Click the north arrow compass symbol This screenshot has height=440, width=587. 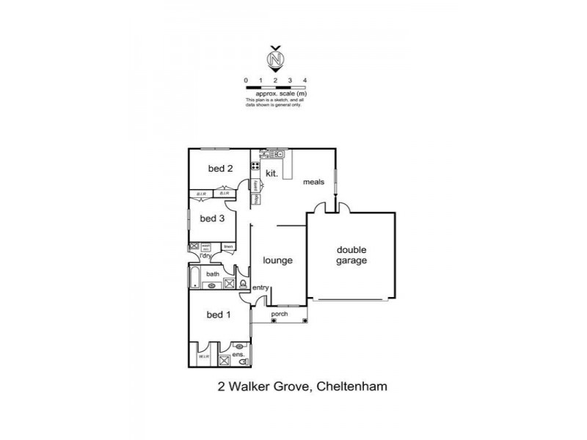click(276, 58)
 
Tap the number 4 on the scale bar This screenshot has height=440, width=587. click(305, 79)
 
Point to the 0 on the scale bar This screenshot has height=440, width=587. click(247, 79)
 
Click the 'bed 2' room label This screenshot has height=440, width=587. click(220, 169)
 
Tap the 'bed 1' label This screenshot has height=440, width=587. click(218, 315)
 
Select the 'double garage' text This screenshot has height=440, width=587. click(351, 254)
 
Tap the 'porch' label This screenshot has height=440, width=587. click(280, 315)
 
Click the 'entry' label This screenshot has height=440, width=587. click(260, 287)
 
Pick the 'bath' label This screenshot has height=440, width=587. click(212, 274)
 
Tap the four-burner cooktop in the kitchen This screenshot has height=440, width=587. click(255, 165)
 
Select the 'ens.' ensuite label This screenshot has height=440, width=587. click(238, 356)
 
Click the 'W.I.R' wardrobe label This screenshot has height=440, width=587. click(203, 357)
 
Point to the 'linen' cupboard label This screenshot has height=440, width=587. click(228, 246)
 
